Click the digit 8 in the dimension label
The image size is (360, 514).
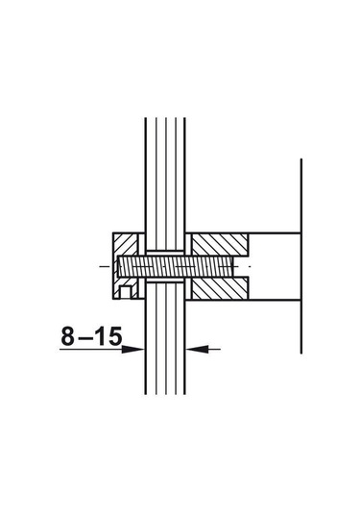coord(68,336)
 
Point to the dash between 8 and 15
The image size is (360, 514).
coord(85,338)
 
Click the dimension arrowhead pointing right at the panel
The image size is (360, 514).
coord(132,350)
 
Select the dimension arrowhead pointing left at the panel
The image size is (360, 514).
coord(198,350)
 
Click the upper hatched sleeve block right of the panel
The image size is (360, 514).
coord(220,245)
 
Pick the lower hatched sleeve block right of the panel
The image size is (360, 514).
coord(220,288)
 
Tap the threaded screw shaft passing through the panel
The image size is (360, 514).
coord(176,266)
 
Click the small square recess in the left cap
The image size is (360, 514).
coord(126,293)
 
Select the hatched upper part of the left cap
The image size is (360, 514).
coord(125,244)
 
